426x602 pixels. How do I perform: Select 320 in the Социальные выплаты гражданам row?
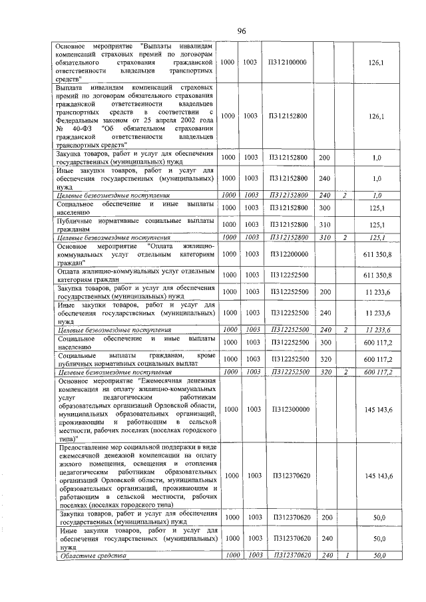(x=324, y=359)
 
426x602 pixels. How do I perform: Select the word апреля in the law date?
(x=162, y=120)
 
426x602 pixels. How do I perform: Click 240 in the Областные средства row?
(x=324, y=555)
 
